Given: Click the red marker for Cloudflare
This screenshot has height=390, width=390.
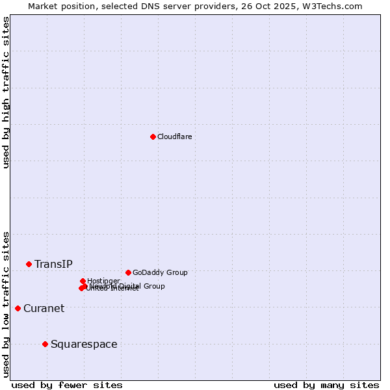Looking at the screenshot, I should (153, 136).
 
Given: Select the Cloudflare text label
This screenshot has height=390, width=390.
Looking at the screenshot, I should (174, 136).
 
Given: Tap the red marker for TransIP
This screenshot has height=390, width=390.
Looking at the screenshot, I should (29, 264).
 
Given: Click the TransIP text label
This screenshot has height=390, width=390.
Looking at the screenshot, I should (53, 264).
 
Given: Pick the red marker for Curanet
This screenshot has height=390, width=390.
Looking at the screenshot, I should (18, 308).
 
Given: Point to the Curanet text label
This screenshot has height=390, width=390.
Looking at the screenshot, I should (44, 308).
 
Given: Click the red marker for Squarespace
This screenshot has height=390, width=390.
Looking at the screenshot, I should (45, 344).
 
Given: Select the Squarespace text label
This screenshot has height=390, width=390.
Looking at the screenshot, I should (84, 344).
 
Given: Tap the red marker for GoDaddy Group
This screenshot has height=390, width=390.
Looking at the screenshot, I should (128, 272).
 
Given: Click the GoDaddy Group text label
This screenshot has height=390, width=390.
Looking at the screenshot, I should (160, 272).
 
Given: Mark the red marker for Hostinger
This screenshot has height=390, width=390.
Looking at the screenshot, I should (83, 281).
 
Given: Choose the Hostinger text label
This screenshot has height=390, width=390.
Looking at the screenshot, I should (103, 281).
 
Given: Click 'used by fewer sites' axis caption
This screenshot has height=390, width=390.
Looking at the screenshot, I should (66, 385).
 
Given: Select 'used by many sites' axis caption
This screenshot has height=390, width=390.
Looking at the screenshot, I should (326, 385).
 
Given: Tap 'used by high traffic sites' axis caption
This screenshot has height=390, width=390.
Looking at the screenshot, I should (6, 92).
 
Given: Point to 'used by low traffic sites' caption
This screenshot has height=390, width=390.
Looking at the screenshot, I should (6, 304).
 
